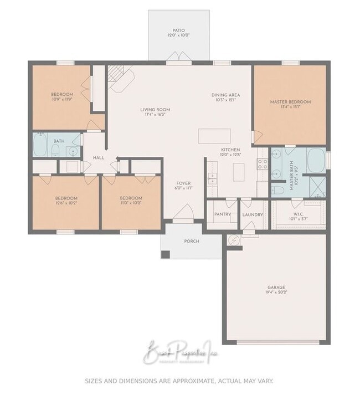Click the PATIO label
[179, 30]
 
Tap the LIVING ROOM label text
[155, 110]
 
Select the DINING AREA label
[226, 95]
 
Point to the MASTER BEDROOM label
[290, 102]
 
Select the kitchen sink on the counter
[212, 178]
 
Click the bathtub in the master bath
[316, 161]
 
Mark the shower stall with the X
[317, 185]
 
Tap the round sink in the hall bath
[73, 151]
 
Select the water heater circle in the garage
[233, 240]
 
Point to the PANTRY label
[222, 214]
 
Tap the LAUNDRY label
[252, 214]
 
